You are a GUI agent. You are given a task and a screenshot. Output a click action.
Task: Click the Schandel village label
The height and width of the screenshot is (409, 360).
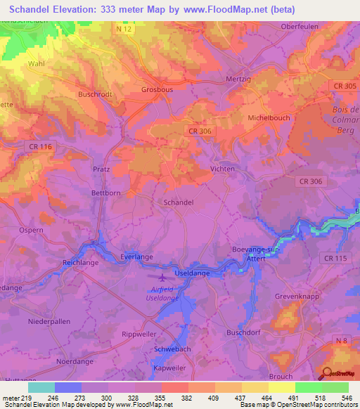178,202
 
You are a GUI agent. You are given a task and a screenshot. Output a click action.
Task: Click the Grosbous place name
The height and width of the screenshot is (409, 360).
157,90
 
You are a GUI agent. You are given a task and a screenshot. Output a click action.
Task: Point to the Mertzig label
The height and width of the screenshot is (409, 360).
238,79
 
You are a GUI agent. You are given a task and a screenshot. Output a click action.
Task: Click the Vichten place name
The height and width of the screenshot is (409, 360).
223,169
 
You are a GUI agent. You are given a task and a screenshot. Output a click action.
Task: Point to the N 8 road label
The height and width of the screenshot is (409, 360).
341,340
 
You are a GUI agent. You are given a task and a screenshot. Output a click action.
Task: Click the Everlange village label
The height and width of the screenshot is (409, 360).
136,257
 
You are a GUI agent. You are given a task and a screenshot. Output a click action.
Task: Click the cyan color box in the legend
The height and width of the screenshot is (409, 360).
41,387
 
